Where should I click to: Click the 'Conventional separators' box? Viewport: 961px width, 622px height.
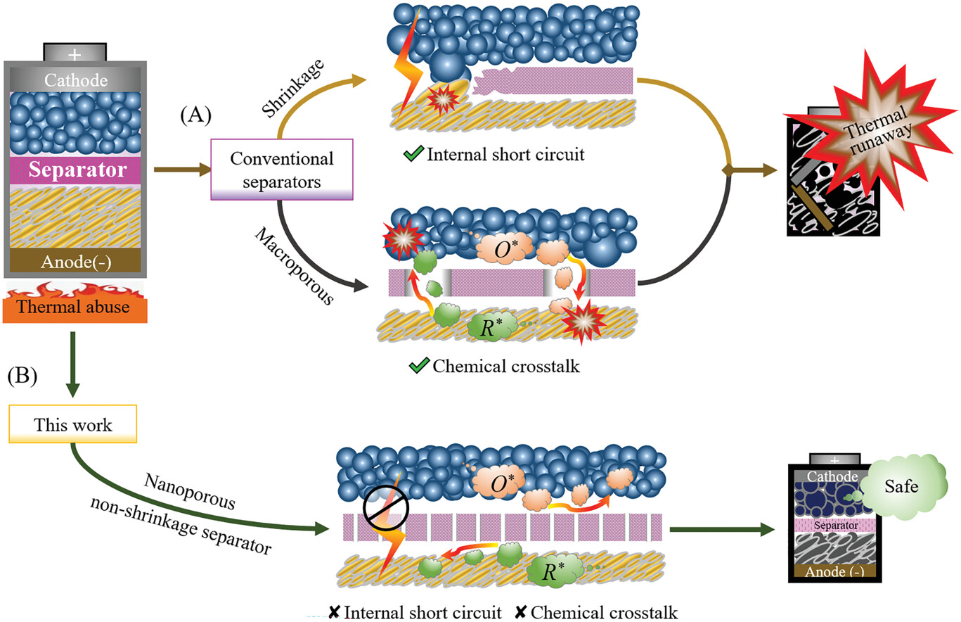(x=282, y=170)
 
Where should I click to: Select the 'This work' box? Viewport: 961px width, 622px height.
(x=73, y=424)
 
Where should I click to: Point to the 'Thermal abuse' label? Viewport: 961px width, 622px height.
(x=73, y=307)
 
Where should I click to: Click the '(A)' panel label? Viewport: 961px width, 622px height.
(x=195, y=115)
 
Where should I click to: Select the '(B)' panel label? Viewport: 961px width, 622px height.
(x=22, y=376)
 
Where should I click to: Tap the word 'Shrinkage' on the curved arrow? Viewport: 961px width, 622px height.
(x=293, y=89)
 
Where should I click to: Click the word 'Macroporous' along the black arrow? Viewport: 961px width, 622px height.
(x=295, y=266)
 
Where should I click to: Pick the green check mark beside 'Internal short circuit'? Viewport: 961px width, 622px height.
(x=413, y=153)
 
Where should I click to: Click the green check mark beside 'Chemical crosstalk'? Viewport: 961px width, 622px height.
(x=419, y=365)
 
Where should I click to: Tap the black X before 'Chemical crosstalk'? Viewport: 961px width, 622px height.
(x=520, y=612)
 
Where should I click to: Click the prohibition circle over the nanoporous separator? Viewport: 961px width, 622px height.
(x=386, y=508)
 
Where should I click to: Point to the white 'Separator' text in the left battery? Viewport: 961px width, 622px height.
(x=77, y=170)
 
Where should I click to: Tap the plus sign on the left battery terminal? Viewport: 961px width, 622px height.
(x=75, y=54)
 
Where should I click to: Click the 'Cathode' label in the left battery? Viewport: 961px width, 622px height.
(x=76, y=80)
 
